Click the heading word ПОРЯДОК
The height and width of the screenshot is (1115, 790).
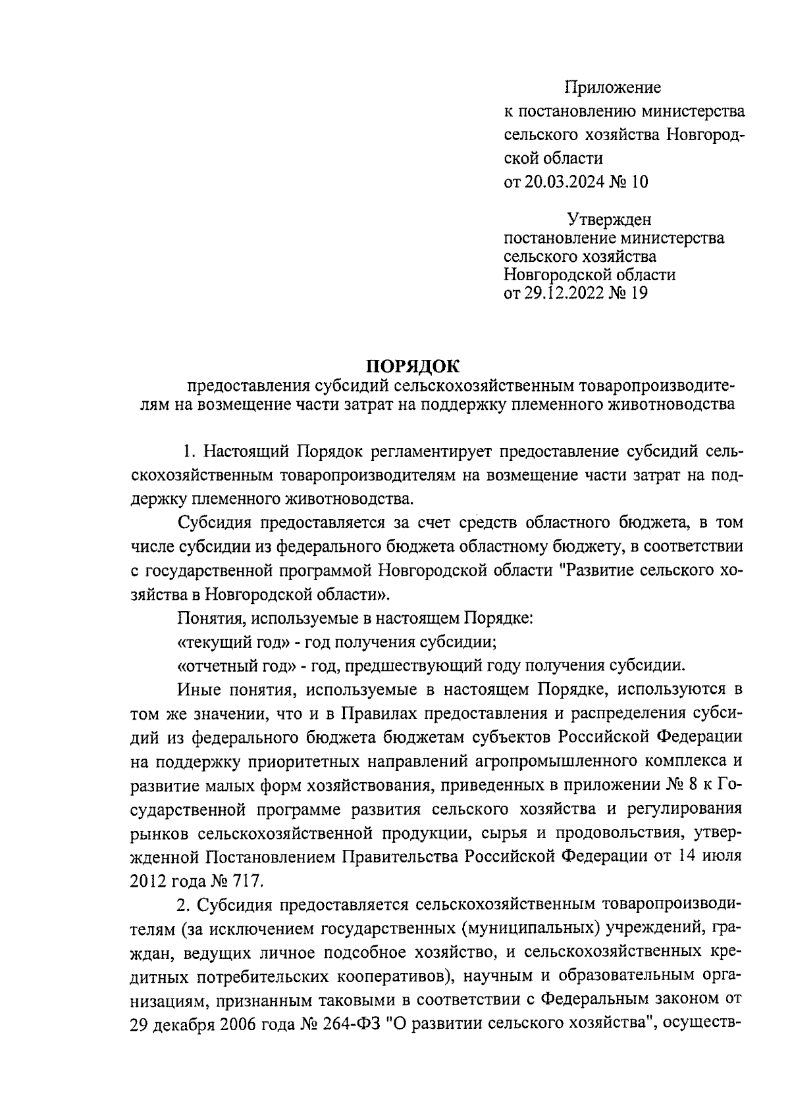(413, 366)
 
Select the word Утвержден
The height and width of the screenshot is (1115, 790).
(610, 220)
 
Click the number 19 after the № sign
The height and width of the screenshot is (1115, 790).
(639, 293)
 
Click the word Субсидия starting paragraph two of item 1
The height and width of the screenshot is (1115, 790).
(216, 523)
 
